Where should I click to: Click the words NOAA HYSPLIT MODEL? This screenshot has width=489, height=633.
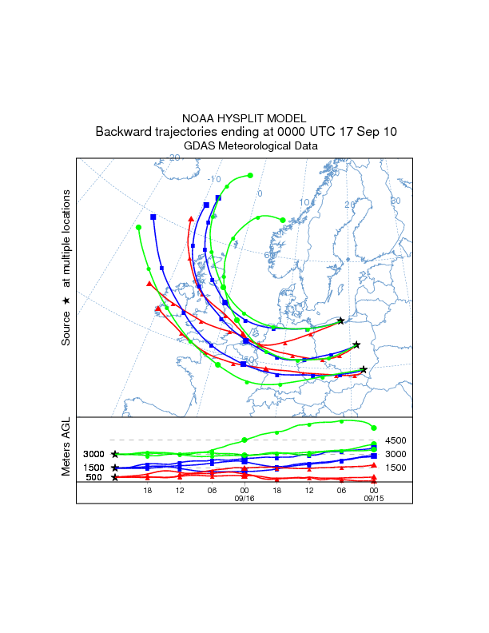point(244,118)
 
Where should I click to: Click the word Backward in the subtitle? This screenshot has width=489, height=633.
point(121,132)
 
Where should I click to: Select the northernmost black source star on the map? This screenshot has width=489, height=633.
point(341,320)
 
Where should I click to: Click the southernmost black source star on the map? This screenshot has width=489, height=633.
point(364,369)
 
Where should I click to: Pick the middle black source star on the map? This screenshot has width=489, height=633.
point(356,345)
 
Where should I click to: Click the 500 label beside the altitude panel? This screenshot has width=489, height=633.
point(94,478)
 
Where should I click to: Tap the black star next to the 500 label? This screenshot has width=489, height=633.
point(115,478)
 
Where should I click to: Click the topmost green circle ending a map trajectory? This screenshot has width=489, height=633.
point(251,175)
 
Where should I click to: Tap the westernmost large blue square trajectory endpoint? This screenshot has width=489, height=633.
point(153,217)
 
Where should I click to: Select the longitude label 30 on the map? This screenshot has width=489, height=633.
point(395,201)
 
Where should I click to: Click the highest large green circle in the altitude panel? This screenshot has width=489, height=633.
point(374,428)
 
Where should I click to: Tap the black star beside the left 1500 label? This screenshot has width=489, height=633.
point(115,468)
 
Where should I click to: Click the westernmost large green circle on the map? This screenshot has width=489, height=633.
point(138,228)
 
